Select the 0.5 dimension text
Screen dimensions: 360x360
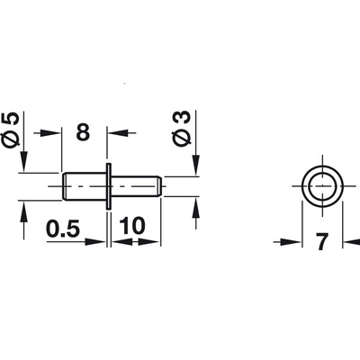tap(64, 227)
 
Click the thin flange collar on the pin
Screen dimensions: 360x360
tap(108, 187)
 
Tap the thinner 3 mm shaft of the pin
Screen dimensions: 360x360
tap(135, 187)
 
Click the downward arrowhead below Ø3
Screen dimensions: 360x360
tap(194, 168)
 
